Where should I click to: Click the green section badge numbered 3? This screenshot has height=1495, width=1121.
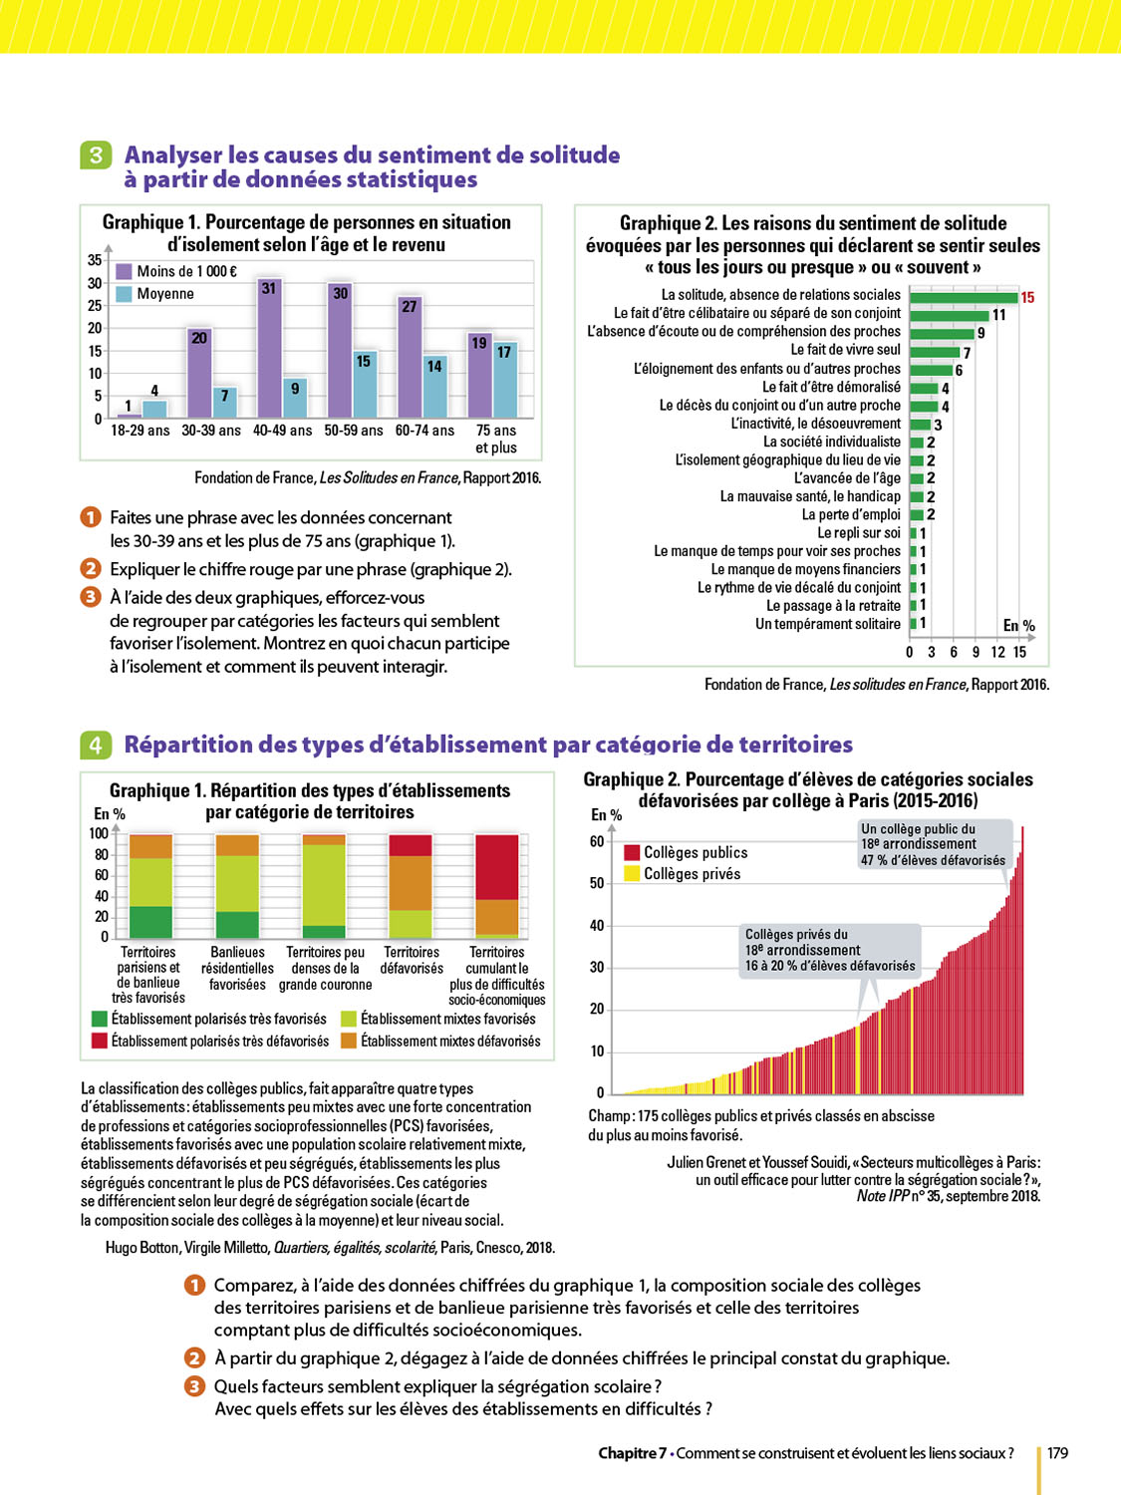[96, 154]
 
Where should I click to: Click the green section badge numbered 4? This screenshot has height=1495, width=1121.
[96, 745]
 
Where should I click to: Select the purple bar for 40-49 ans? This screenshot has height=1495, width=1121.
[269, 349]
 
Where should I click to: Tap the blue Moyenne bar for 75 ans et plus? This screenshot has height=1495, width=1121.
[505, 382]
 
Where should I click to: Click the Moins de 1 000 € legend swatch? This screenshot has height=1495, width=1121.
[125, 271]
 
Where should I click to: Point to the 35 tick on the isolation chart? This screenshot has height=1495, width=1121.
[95, 260]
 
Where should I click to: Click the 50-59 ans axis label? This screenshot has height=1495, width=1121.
[354, 431]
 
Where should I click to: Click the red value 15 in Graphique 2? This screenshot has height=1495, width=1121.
[1027, 297]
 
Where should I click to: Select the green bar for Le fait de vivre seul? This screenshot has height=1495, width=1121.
[935, 351]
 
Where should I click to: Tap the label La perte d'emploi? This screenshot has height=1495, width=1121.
[851, 515]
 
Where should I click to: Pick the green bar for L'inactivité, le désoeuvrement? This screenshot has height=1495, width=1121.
[920, 425]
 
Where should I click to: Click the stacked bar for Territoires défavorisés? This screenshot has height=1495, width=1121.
[411, 886]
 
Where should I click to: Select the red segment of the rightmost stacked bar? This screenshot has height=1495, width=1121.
[497, 867]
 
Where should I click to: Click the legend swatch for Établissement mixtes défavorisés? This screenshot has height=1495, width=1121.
[349, 1041]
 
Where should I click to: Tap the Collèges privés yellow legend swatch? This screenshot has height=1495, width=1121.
[632, 874]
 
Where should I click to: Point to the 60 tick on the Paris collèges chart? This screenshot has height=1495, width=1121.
[597, 841]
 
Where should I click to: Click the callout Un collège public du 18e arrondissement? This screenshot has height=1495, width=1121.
[934, 844]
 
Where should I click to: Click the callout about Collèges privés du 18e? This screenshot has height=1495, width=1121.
[829, 950]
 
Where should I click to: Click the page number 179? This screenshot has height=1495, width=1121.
[1057, 1453]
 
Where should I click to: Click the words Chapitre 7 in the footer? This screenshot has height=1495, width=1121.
[632, 1453]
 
